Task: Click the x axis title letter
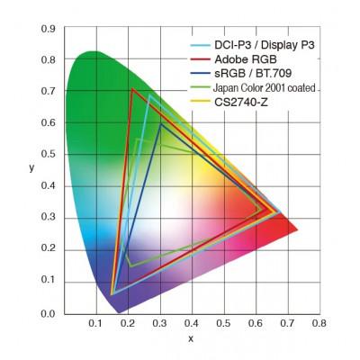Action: tap(191, 338)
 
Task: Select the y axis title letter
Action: tap(31, 167)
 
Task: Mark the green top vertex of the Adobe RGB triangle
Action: tap(132, 89)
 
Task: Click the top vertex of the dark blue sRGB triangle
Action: tap(160, 123)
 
